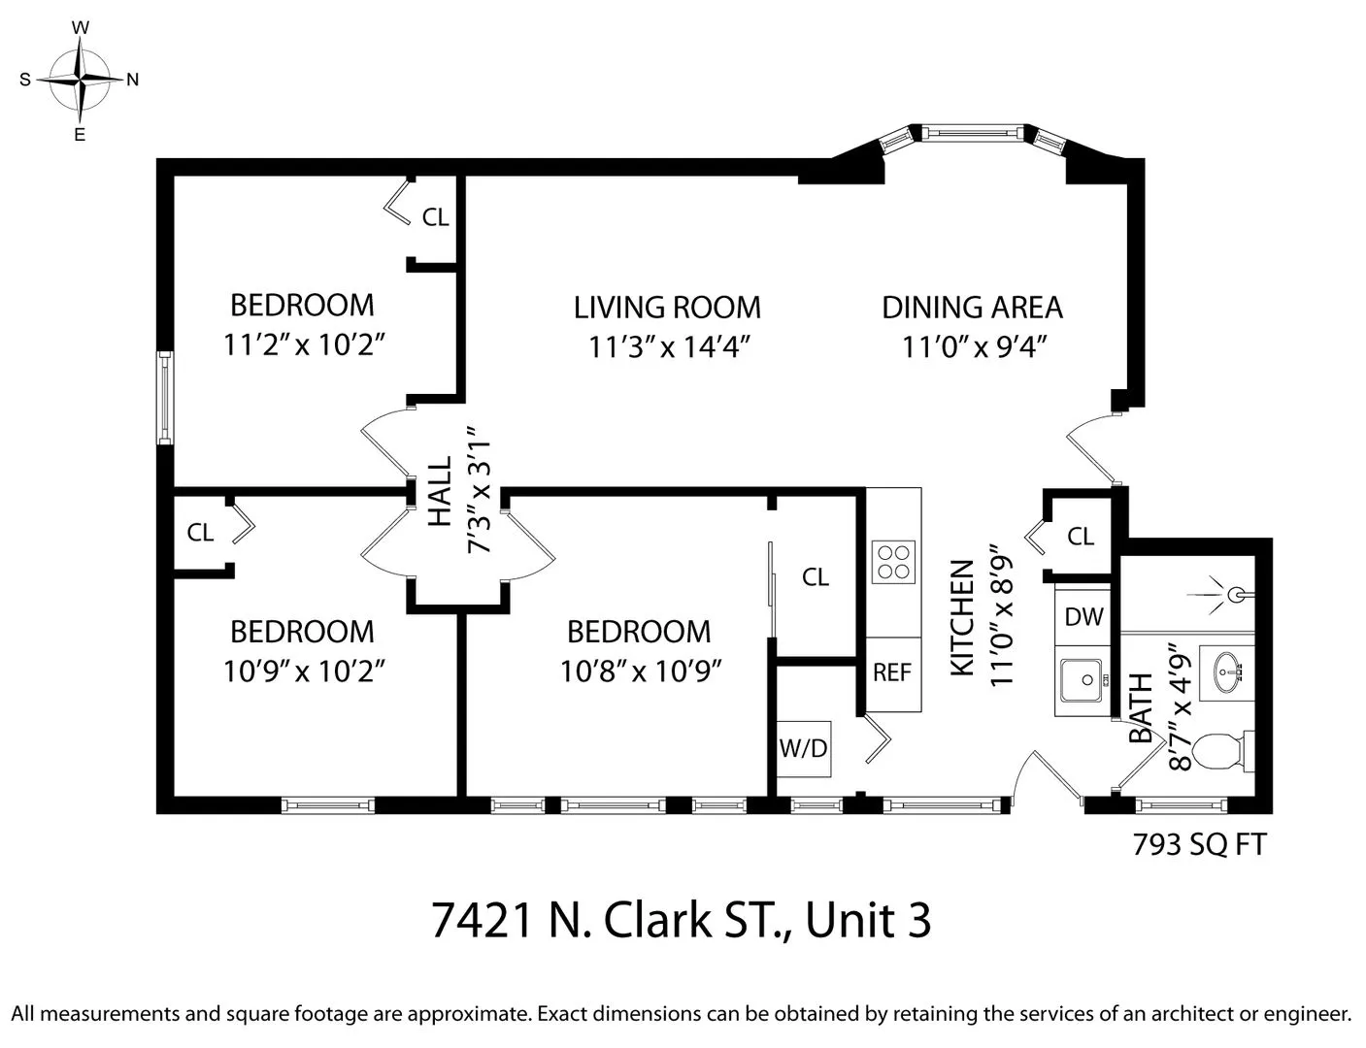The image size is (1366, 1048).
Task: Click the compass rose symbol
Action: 81,80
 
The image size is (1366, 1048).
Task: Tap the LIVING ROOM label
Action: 667,308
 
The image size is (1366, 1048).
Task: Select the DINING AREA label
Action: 972,308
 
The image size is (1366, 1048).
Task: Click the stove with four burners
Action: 893,561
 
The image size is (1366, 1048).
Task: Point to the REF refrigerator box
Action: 892,672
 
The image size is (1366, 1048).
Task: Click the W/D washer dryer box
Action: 804,748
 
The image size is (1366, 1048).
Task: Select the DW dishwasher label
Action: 1083,616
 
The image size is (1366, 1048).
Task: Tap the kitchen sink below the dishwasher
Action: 1082,680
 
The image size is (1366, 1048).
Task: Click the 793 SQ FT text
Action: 1199,844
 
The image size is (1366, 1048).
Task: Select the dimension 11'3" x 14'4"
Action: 667,346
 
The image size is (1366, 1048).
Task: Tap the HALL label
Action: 440,491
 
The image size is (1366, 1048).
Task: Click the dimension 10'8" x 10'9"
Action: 639,671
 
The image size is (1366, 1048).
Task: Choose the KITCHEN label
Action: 960,618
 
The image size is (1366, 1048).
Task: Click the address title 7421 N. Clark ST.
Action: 681,920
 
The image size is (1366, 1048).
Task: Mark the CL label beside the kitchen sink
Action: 1080,536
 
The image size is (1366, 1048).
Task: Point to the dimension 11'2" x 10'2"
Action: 302,344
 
